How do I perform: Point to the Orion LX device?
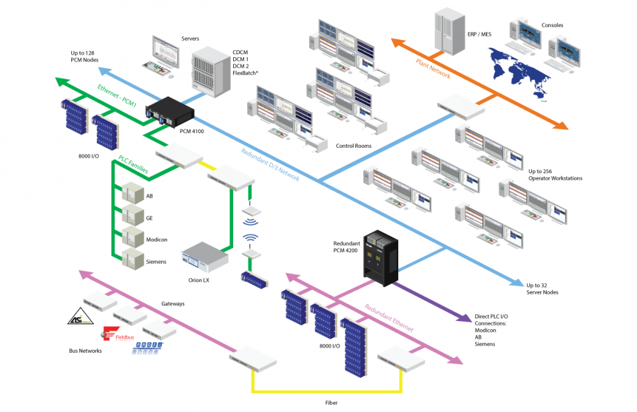(204, 258)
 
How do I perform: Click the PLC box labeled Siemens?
(132, 259)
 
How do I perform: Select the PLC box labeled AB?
(132, 193)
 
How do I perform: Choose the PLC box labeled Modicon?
(132, 237)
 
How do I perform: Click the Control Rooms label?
(354, 146)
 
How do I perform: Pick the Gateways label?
(173, 304)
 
